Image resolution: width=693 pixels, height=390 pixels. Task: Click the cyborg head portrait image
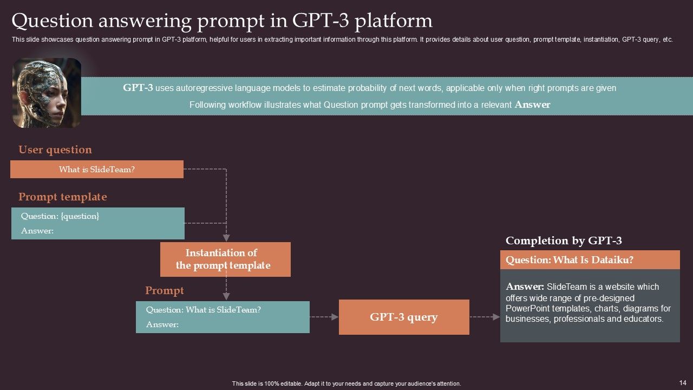point(47,93)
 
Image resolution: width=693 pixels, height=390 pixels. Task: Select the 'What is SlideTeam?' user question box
point(97,169)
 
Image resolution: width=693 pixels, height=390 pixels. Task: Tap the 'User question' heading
point(55,150)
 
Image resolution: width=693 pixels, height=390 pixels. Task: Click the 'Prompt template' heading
point(62,197)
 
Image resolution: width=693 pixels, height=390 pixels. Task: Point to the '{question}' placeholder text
point(80,216)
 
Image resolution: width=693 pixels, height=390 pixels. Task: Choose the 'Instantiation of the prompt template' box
point(225,259)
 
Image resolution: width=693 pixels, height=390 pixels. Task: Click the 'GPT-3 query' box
point(404,317)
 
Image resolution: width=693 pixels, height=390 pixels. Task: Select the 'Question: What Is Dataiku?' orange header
point(590,259)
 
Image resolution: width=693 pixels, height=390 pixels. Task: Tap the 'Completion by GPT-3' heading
point(564,240)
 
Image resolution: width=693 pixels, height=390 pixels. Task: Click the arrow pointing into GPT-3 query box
point(324,317)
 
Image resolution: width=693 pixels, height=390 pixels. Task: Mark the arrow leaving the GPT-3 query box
point(485,317)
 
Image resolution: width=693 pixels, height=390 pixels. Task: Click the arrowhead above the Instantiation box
point(226,238)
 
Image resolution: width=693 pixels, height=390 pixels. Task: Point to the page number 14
point(683,382)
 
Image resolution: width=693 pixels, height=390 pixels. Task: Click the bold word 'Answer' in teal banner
point(532,105)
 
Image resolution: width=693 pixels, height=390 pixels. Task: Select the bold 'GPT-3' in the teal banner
point(138,88)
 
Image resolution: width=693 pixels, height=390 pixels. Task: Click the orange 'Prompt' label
point(164,291)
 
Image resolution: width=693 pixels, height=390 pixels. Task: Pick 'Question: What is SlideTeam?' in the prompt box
point(203,309)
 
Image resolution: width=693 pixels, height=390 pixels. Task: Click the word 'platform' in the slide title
point(393,21)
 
